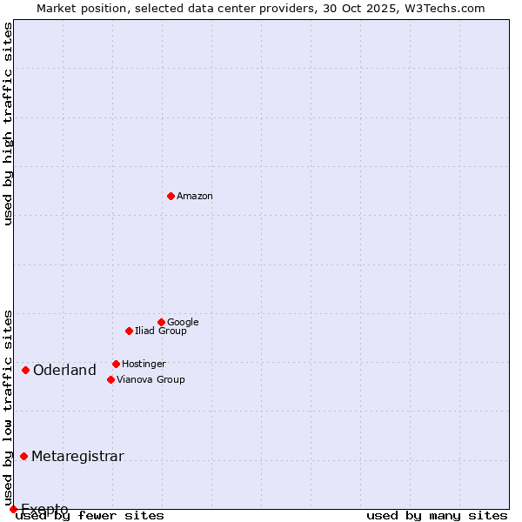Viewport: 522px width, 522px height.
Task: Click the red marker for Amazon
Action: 171,196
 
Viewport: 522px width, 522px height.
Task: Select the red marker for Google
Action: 161,322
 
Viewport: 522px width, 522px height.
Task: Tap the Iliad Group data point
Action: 129,331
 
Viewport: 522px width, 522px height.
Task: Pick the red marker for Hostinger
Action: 116,364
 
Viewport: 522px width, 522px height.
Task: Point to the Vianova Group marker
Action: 110,379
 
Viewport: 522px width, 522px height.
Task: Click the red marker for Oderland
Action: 25,370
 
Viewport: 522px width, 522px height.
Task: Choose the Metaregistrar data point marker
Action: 23,456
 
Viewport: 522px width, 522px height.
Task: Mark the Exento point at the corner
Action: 13,509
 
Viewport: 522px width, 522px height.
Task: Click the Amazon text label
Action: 195,197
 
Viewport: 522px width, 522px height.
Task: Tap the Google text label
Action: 183,323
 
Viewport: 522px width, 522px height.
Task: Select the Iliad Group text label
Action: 161,331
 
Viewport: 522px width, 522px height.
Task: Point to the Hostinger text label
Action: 144,365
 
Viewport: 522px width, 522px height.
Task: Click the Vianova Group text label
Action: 151,380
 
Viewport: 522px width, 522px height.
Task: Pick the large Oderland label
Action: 64,371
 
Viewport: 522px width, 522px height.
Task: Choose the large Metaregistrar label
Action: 77,457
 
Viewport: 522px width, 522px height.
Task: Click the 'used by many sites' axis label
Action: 436,516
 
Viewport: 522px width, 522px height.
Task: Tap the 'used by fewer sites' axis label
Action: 90,516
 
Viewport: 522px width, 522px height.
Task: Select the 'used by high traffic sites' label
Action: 8,124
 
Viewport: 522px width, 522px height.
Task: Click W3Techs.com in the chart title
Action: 442,8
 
